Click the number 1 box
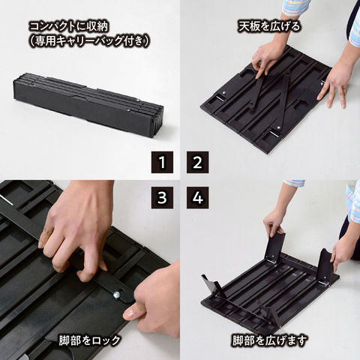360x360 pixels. point(162,162)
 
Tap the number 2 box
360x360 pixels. point(197,162)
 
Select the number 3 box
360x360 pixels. point(162,198)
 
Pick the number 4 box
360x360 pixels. point(197,198)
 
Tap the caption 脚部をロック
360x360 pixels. point(88,340)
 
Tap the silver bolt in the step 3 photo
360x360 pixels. point(118,295)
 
